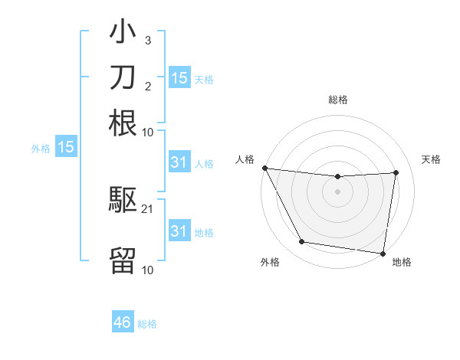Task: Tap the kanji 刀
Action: [x=123, y=77]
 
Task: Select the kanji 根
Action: [x=123, y=123]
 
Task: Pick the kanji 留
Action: [x=123, y=260]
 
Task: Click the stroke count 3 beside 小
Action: [x=147, y=40]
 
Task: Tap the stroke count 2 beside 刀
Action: [x=147, y=85]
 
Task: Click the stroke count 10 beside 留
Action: [x=148, y=270]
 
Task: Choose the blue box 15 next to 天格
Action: [x=179, y=77]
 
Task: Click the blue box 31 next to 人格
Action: [x=179, y=162]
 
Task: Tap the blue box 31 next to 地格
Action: [x=179, y=231]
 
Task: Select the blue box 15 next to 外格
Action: [x=66, y=147]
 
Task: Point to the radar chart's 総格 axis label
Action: [x=338, y=100]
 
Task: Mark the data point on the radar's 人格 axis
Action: [x=264, y=168]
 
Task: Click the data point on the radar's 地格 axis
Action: [x=383, y=253]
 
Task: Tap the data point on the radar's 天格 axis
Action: [x=396, y=172]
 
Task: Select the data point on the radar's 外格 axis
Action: [x=301, y=242]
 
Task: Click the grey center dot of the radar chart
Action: [x=338, y=191]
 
